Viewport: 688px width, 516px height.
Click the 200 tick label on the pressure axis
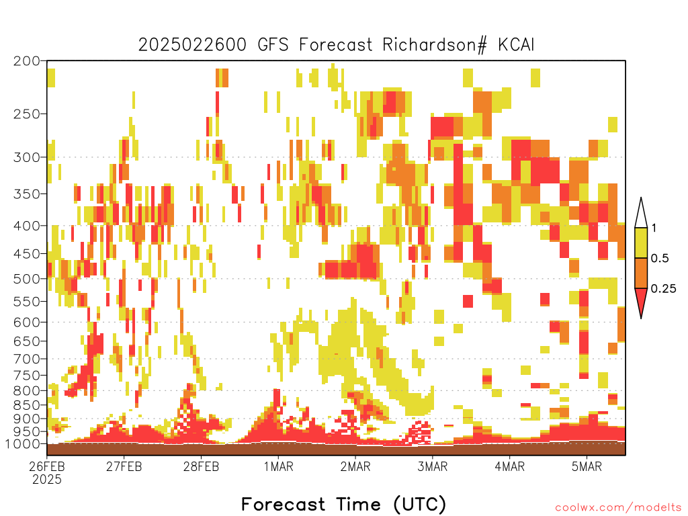pos(27,61)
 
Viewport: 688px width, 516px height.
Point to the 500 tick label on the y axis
pos(27,279)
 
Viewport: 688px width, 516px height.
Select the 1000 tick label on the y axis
pos(24,444)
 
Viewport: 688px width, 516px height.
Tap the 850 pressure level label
pos(27,405)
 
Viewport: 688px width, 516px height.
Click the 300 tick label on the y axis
pos(27,157)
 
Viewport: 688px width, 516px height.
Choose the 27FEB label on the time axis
pos(124,466)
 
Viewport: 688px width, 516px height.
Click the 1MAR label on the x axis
pos(279,466)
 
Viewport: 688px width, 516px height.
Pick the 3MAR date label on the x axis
pos(432,466)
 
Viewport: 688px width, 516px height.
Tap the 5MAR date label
pos(587,466)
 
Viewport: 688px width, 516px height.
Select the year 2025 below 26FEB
pos(47,480)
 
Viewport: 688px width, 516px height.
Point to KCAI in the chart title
pos(516,45)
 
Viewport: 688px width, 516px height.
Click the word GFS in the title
pos(273,45)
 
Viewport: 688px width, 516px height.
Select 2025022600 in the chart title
pos(192,45)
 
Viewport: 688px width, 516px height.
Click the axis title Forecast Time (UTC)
pos(343,505)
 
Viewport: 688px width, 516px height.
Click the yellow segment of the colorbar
pos(641,243)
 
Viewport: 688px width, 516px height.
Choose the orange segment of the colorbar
pos(641,273)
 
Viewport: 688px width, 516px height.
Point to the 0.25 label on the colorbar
pos(663,289)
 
